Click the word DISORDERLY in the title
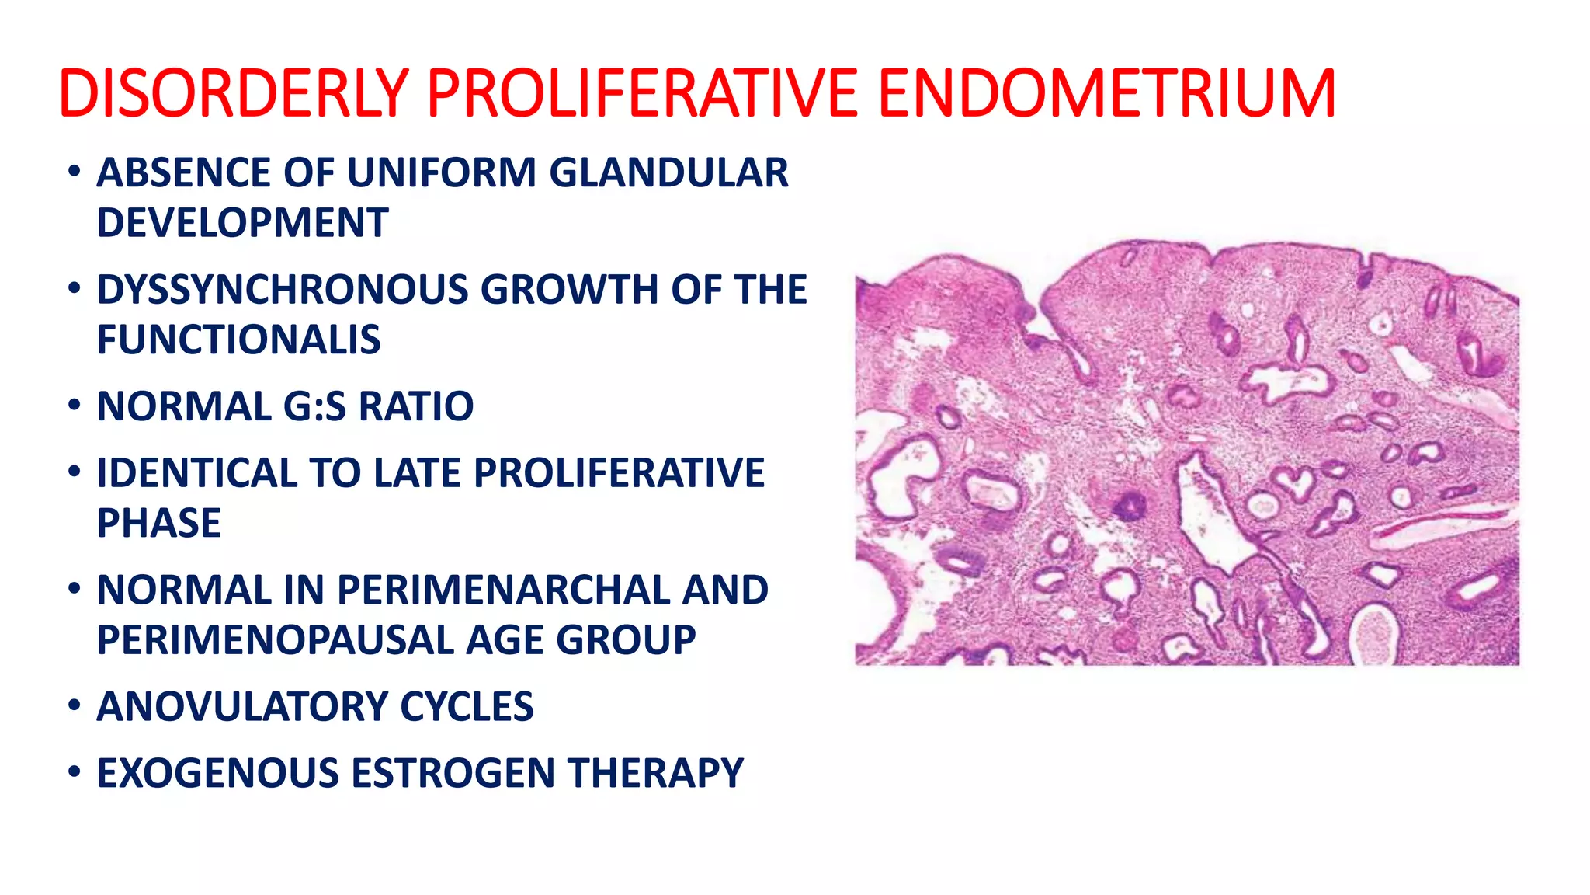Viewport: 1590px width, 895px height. (233, 93)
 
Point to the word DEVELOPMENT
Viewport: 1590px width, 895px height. (242, 223)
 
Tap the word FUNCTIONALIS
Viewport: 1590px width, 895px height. (238, 340)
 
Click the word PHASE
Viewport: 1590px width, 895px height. (159, 523)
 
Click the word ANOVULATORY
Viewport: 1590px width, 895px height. (241, 707)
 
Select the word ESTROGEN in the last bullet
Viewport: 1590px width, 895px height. (453, 773)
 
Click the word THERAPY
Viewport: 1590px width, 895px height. (655, 773)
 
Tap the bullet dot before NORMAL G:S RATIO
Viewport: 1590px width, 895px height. (74, 406)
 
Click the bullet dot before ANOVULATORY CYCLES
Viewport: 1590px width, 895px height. (74, 706)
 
